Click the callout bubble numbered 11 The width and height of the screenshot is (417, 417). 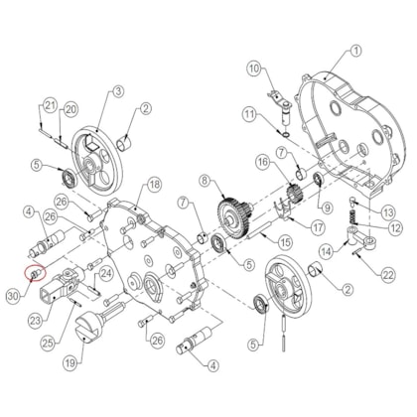pos(249,116)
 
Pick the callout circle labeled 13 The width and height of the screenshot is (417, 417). pos(388,211)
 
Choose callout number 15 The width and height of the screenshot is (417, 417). pos(285,242)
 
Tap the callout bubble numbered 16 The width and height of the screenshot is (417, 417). pos(263,161)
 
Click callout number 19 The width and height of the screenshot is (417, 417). pos(70,362)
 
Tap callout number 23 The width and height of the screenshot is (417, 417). pos(37,320)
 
